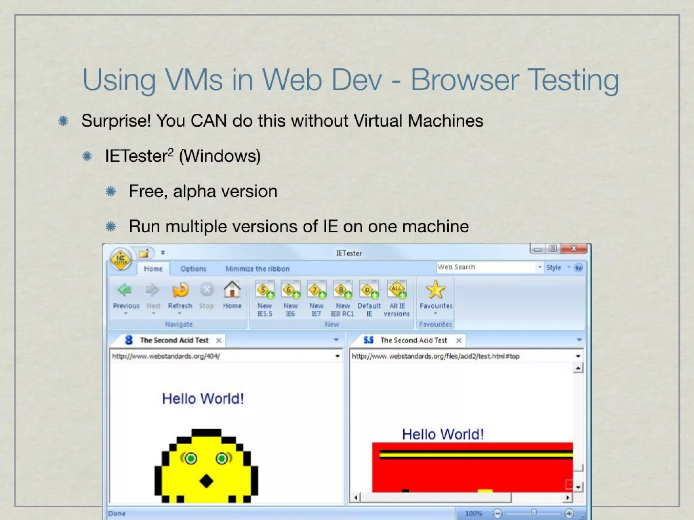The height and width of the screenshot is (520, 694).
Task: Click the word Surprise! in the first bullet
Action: click(116, 121)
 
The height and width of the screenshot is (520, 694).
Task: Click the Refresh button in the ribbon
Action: click(180, 290)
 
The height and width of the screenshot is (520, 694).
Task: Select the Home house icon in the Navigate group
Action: click(232, 290)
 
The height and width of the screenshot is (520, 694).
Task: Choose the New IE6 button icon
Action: click(290, 290)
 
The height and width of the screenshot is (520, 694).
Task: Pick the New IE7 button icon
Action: click(316, 290)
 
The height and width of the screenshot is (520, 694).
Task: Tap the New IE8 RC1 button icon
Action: click(342, 290)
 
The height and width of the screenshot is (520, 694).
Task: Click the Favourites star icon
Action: click(435, 290)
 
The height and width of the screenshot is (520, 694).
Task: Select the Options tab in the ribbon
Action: click(193, 269)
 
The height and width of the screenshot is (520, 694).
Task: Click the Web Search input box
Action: click(486, 267)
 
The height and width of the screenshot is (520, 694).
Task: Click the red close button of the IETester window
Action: click(574, 249)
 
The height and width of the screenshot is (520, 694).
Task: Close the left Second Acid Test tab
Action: click(219, 341)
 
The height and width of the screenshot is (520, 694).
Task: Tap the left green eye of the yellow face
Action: click(191, 459)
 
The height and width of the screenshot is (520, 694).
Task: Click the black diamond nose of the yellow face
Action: click(206, 481)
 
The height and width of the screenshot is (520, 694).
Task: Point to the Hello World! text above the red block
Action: click(443, 434)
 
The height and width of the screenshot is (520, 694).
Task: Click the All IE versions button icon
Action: click(396, 290)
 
